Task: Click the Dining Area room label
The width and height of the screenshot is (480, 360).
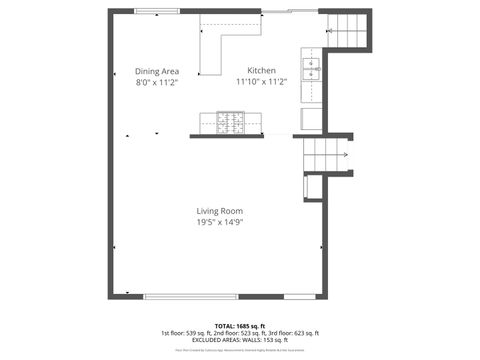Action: [157, 71]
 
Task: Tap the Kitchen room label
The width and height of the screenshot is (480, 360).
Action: [262, 71]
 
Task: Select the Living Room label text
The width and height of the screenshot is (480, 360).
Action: [219, 211]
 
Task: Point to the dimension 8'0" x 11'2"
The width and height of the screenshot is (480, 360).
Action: [157, 83]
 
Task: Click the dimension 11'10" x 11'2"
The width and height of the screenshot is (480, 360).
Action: [262, 83]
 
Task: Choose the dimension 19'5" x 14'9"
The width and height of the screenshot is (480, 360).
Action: [219, 222]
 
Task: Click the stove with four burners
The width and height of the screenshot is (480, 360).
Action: [232, 122]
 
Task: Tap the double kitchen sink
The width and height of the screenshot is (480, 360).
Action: [311, 69]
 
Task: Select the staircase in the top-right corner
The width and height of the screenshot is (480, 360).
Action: [346, 31]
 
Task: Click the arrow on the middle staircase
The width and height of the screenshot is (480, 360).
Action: [343, 155]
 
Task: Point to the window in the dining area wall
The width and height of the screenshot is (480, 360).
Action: [159, 11]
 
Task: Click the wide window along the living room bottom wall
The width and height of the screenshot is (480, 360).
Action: [190, 296]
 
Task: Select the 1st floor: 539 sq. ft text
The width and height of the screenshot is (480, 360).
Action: [187, 333]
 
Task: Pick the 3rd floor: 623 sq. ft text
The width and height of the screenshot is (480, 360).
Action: [293, 333]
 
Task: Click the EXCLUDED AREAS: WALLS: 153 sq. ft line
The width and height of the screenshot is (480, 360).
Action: [240, 340]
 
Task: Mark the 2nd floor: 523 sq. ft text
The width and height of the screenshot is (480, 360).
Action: [240, 333]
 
